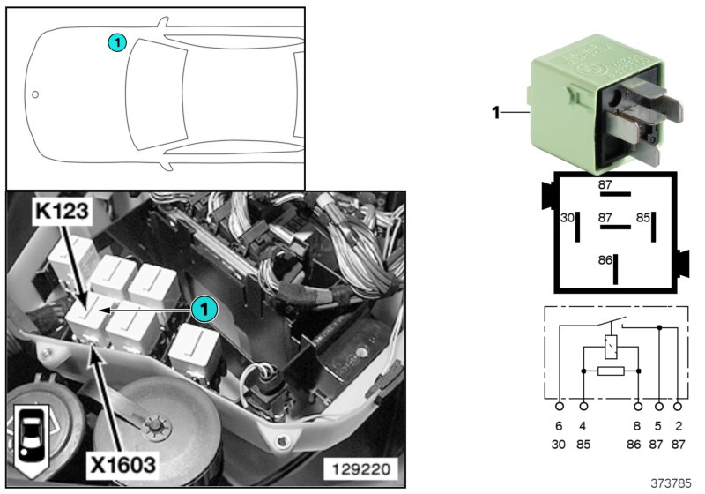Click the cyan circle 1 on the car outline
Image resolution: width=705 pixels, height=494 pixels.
[117, 41]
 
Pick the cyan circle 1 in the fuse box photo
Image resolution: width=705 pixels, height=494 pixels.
[204, 310]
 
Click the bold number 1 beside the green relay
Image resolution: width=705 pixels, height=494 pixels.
[495, 112]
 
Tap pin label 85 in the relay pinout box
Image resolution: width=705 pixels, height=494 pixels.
[644, 217]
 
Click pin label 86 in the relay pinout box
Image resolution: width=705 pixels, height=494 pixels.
[605, 262]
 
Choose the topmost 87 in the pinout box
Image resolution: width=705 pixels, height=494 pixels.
[605, 184]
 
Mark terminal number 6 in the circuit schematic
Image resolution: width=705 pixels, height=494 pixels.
[560, 426]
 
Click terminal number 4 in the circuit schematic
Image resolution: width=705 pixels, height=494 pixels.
[583, 426]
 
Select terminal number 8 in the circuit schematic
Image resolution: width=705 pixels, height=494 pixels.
[637, 426]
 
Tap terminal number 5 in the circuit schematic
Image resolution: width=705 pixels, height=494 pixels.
[657, 426]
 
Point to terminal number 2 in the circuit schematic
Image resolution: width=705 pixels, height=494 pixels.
[678, 426]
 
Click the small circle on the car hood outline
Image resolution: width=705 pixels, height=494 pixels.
[35, 94]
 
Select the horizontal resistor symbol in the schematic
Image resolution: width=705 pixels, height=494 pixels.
[610, 371]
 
